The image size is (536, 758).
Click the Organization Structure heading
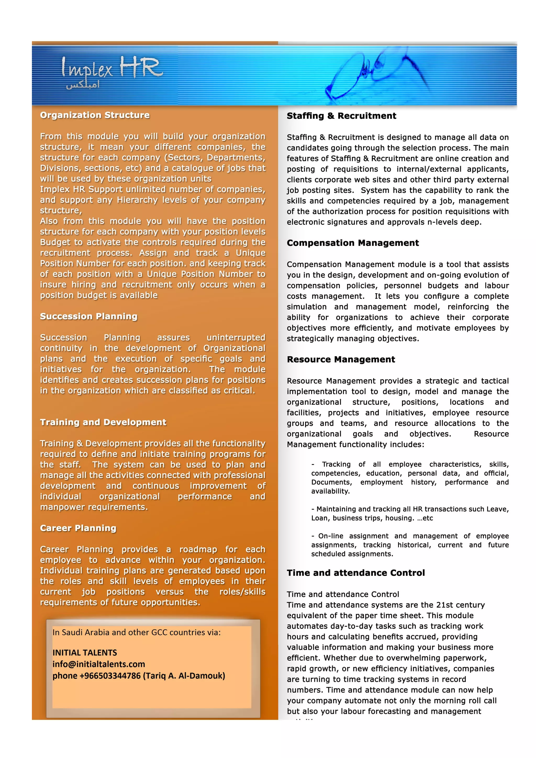(x=95, y=115)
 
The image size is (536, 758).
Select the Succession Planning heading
(x=88, y=316)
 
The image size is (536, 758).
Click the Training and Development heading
(x=103, y=422)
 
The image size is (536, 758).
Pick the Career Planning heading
(x=78, y=528)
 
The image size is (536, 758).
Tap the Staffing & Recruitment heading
(x=341, y=116)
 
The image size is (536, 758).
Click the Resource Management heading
(x=340, y=360)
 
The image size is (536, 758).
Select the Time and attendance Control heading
(x=355, y=573)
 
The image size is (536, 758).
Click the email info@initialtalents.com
(x=99, y=664)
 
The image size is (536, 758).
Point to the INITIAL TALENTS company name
(x=85, y=653)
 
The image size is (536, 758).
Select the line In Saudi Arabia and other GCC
(x=136, y=632)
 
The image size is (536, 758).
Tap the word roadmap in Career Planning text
(x=198, y=549)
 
